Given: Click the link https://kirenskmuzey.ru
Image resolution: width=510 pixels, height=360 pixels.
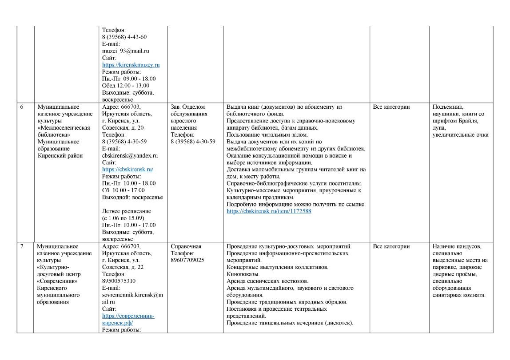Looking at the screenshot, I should pos(131,65).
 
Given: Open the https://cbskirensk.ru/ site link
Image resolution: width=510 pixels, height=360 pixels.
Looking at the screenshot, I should pos(127,169).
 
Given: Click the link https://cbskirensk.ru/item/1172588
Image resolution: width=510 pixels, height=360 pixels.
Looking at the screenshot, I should pos(269,211).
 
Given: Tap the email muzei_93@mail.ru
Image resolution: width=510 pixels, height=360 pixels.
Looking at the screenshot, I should pos(125,51).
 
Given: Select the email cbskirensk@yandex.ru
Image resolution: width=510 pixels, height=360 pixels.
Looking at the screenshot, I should pos(130,155).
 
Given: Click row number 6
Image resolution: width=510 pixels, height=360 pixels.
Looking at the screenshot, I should pos(22,107).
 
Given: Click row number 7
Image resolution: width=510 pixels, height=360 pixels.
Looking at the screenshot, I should pos(22,246).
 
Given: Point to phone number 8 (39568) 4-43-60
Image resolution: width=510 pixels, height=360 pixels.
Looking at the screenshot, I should pos(124,37).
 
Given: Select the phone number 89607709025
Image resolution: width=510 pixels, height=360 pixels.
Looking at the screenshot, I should pos(187,260).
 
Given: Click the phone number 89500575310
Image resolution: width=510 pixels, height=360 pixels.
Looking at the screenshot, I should pos(119,281).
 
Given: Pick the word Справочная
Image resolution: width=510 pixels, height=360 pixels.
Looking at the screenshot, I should pos(186,246).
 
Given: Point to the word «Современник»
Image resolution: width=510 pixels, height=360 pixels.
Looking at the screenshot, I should pos(58,281).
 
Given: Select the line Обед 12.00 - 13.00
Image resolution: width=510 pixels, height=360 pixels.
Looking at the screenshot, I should pos(125,86).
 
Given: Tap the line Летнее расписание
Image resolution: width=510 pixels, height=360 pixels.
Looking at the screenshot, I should pos(127,211).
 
